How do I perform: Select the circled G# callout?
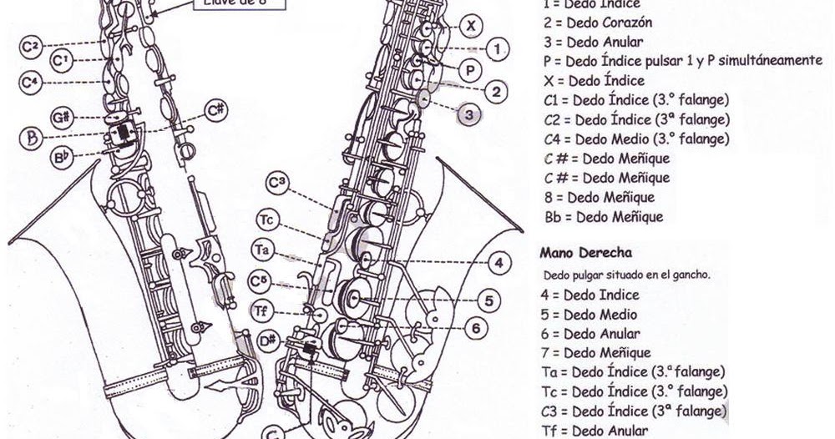[59, 117]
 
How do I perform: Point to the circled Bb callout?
[61, 157]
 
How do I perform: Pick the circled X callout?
[472, 25]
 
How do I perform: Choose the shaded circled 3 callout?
[469, 114]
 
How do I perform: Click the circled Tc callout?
[266, 221]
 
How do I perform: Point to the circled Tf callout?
[261, 311]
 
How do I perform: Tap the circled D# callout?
[268, 340]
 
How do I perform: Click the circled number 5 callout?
[488, 299]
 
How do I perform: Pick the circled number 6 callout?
[475, 328]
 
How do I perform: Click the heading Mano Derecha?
[585, 252]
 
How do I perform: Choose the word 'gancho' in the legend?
[690, 275]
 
